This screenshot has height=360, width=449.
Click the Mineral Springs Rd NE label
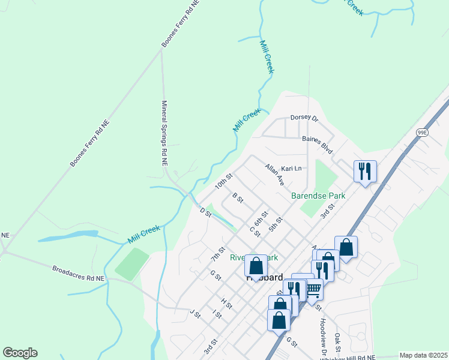(164, 133)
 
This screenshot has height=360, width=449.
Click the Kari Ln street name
(291, 169)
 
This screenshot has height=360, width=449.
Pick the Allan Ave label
(274, 175)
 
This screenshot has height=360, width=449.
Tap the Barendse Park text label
(318, 196)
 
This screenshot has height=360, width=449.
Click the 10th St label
(224, 181)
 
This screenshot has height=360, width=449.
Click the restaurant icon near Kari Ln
(364, 172)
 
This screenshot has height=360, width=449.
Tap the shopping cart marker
(312, 289)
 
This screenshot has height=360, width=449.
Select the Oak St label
(338, 343)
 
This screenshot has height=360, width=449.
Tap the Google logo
(20, 353)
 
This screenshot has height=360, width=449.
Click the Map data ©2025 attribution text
(423, 355)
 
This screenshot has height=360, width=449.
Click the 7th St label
(218, 254)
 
